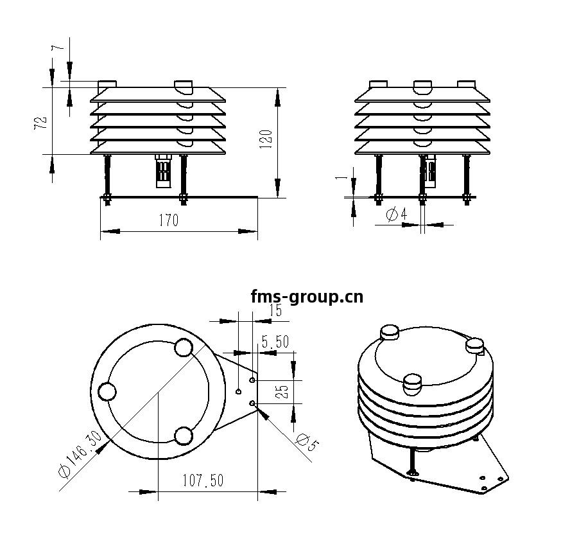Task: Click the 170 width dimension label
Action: coord(168,220)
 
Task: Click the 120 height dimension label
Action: coord(267,139)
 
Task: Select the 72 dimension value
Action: coord(40,124)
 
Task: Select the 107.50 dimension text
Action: coord(203,480)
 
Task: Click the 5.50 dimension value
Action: coord(275,342)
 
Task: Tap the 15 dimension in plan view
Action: coord(275,311)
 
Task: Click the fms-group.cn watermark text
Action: coord(307,297)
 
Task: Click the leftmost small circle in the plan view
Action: coord(107,391)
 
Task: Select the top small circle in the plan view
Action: coord(184,348)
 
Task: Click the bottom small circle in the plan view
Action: coord(184,436)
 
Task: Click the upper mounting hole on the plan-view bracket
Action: coord(252,380)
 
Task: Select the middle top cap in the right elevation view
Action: coord(423,85)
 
